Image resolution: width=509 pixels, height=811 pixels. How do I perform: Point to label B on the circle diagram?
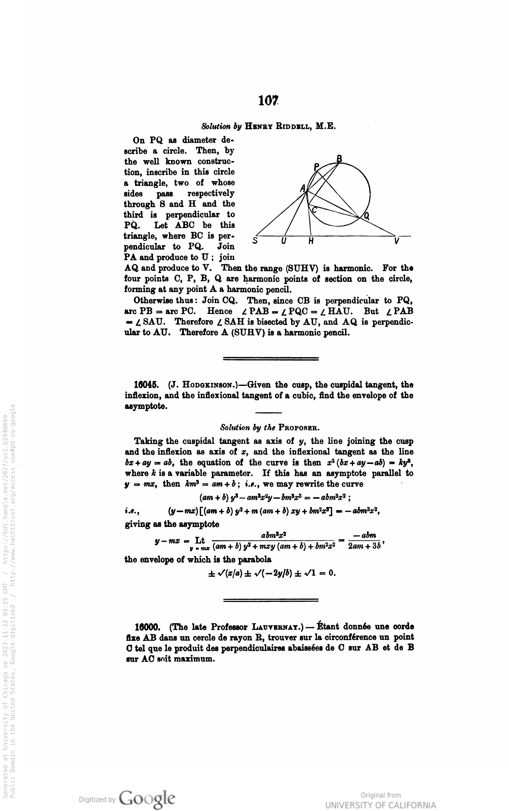(339, 158)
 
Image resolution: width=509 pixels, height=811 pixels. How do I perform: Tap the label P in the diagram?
(316, 167)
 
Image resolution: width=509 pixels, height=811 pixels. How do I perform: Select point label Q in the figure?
(367, 217)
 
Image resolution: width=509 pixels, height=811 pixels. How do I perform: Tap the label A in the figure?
(303, 188)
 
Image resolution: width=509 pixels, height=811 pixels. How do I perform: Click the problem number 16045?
(146, 385)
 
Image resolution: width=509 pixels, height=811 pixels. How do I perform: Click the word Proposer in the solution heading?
(299, 428)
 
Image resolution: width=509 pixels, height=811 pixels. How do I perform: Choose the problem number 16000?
(148, 627)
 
